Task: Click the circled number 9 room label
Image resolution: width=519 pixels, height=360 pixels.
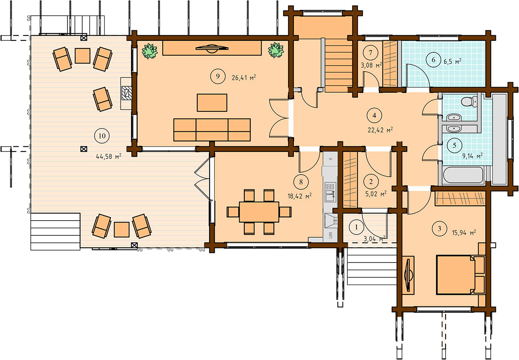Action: coord(218,76)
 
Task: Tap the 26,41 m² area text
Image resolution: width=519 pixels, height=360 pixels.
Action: coord(244,78)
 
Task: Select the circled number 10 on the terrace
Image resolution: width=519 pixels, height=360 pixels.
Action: coord(102,136)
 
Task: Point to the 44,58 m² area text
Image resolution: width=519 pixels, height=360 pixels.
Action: coord(109,157)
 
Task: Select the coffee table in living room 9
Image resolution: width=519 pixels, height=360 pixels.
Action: coord(212,103)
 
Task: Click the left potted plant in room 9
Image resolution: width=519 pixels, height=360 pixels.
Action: coord(150,51)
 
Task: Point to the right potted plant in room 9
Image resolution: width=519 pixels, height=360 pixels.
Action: coord(276,50)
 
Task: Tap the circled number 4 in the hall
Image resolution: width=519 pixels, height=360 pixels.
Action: coord(374,115)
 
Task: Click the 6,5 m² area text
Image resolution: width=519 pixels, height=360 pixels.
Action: coord(452,62)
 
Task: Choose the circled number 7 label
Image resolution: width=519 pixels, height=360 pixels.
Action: coord(370,53)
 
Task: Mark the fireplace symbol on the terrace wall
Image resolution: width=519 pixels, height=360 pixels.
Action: coord(127,93)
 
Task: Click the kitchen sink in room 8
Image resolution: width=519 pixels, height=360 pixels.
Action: coord(330,192)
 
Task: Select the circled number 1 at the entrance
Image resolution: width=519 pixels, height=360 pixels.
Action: coord(357,227)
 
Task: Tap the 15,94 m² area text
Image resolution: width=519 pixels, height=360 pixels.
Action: coord(464,233)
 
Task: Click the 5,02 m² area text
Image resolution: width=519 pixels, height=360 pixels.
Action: coord(376,194)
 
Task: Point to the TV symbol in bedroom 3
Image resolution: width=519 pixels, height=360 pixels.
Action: coord(408,275)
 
